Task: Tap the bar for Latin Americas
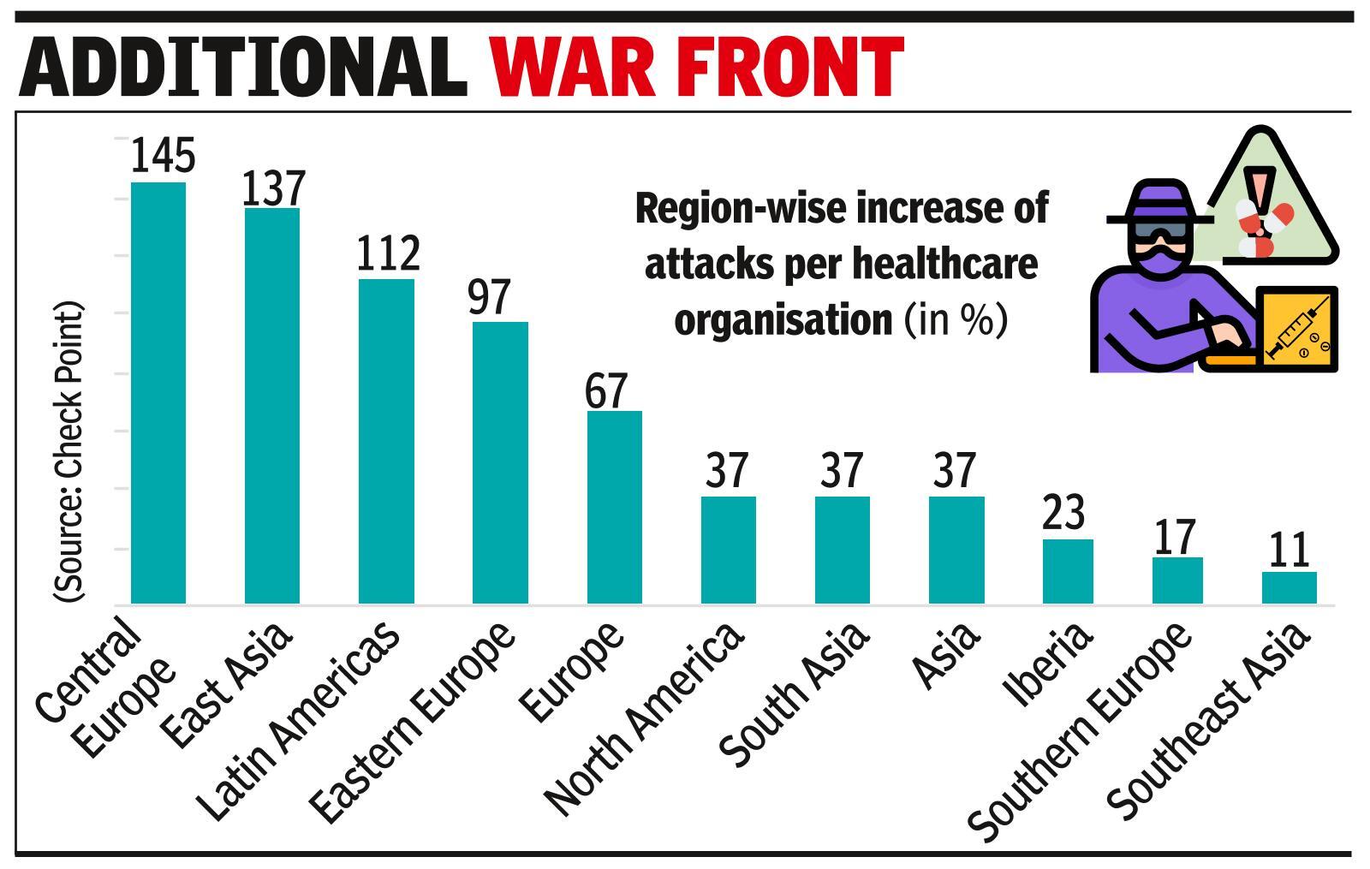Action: coord(386,441)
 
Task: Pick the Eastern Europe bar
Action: coord(500,462)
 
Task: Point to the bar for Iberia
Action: coord(1067,571)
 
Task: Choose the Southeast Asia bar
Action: coord(1289,587)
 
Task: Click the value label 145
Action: coord(163,155)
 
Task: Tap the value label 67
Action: coord(606,390)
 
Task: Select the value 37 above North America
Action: coord(727,470)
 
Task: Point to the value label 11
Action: coord(1288,551)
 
